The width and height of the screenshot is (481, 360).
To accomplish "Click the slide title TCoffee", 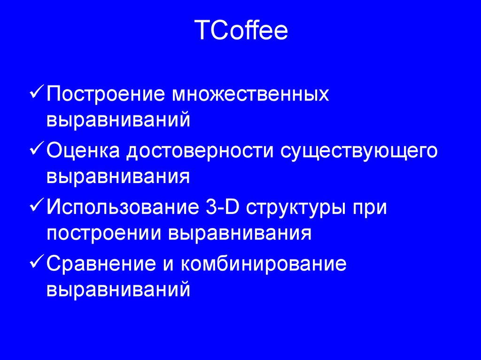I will tap(240, 31).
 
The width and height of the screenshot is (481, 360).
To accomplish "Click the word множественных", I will tap(251, 94).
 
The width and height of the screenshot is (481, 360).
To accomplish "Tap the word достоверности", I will tap(199, 151).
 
